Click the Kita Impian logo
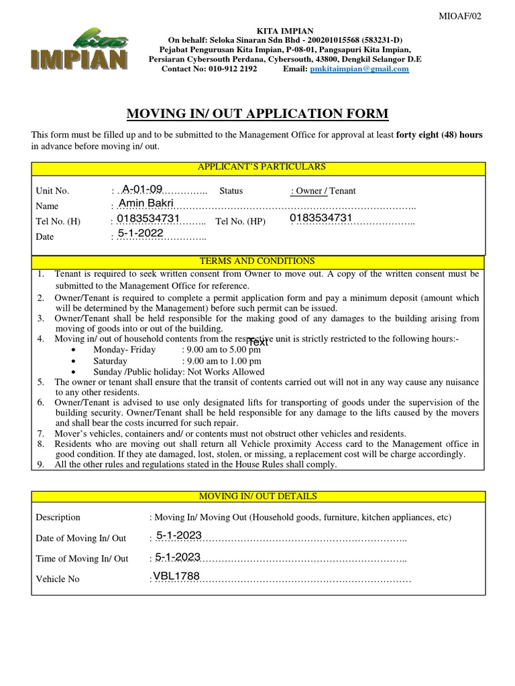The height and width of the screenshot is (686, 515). (79, 50)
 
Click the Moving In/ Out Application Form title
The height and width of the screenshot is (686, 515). (258, 114)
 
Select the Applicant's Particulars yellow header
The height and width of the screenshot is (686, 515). (258, 167)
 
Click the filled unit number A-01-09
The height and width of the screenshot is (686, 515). (141, 189)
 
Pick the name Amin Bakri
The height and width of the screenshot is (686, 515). (146, 203)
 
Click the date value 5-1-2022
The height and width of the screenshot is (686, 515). (141, 233)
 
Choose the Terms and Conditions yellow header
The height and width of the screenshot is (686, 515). (258, 261)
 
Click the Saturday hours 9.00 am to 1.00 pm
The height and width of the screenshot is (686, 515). (221, 360)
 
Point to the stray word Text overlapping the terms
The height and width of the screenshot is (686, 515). (257, 342)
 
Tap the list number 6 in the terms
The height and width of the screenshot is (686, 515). (40, 403)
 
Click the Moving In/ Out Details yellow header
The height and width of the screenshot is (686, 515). (258, 496)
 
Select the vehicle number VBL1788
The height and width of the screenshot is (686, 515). (176, 575)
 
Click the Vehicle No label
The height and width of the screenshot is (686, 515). (58, 579)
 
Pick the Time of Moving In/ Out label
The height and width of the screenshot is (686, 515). (82, 559)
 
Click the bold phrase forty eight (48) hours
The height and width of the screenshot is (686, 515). (439, 135)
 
